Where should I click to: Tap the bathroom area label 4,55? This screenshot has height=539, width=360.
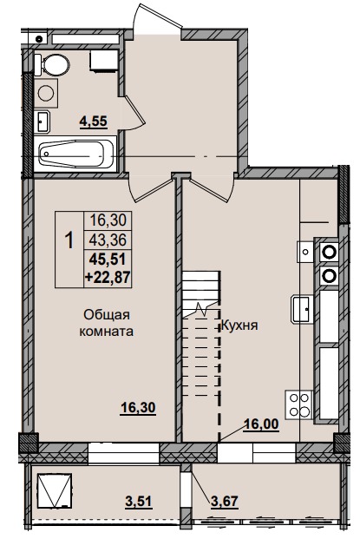(x=93, y=122)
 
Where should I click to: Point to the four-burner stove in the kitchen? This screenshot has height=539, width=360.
(x=298, y=404)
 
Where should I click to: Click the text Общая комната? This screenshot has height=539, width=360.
(x=108, y=324)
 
